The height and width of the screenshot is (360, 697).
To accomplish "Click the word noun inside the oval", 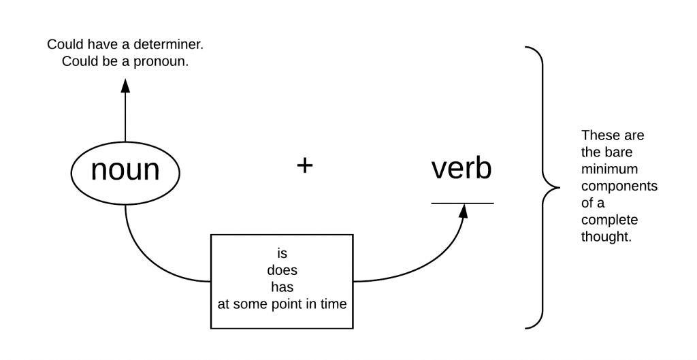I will (125, 170).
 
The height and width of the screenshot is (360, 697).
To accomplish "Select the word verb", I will (461, 169).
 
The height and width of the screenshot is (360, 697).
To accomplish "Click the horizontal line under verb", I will (462, 203).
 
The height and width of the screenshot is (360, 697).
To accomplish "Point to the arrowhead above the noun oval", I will (125, 85).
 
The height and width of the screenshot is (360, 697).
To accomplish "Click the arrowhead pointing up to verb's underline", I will (464, 211).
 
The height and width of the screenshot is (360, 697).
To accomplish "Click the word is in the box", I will (282, 253).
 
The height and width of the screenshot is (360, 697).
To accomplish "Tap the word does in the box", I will (282, 270).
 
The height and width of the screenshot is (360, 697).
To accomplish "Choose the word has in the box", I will (282, 287).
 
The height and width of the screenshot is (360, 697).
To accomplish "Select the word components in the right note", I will (619, 186).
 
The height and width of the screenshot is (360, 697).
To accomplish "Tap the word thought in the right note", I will (606, 238).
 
